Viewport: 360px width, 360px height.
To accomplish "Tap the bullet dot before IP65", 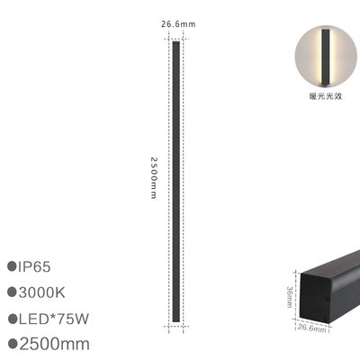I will (x=13, y=267).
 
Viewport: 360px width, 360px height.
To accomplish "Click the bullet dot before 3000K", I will (x=13, y=292).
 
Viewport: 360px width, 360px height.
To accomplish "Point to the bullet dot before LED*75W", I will (x=13, y=318).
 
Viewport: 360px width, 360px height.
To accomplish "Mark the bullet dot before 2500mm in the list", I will (x=13, y=343).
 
